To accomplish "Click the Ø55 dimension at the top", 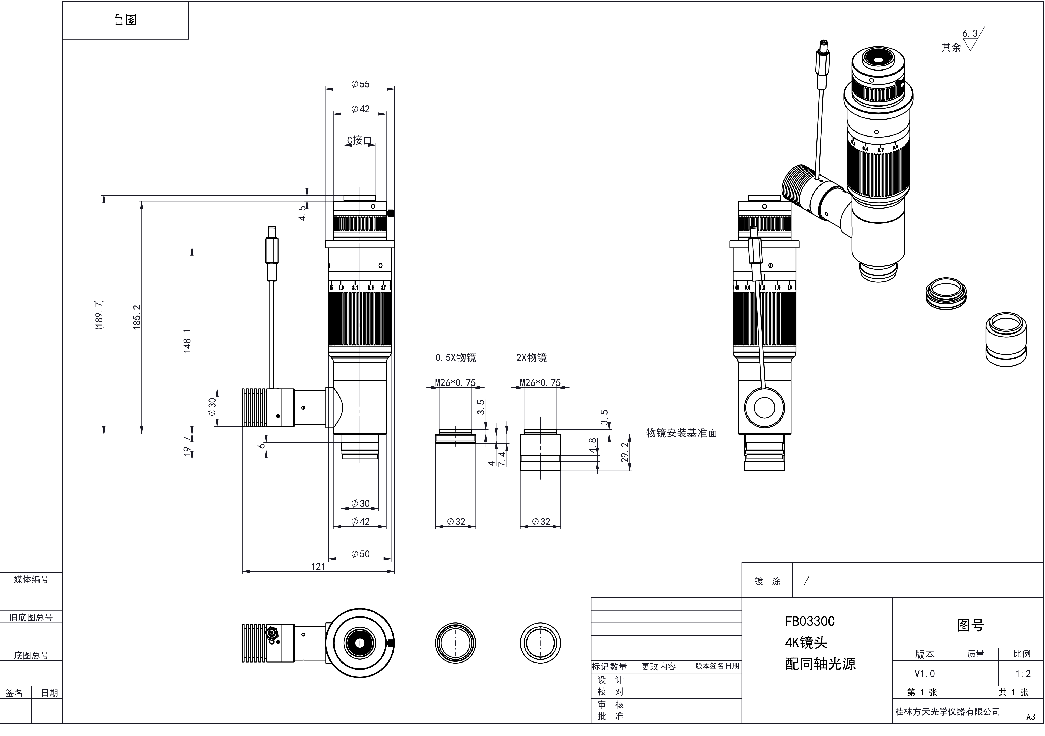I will coord(361,84).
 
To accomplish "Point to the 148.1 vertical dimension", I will coord(187,341).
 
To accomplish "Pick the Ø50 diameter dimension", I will coord(361,554).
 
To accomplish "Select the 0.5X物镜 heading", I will coord(456,358).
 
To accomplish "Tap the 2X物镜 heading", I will coord(532,358).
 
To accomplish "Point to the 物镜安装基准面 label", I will coord(681,433).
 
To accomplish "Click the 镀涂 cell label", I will coord(767,581).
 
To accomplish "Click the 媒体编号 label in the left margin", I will coord(31,579).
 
